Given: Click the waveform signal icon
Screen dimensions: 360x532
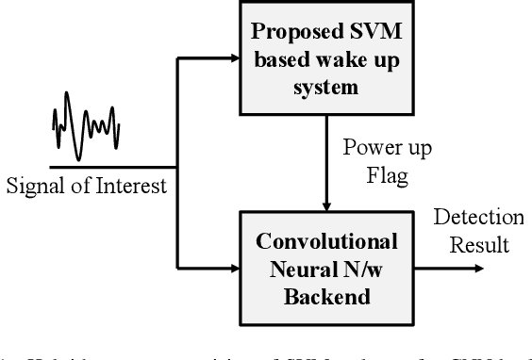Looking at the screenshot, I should pyautogui.click(x=85, y=121).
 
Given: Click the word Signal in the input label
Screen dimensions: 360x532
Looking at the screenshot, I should pyautogui.click(x=32, y=185).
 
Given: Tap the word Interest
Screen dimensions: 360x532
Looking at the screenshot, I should pyautogui.click(x=134, y=185).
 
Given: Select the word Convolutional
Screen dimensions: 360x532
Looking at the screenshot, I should pyautogui.click(x=324, y=239).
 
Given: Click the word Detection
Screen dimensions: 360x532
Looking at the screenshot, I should pyautogui.click(x=479, y=219).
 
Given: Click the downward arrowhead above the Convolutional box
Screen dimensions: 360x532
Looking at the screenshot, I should pyautogui.click(x=325, y=205).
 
